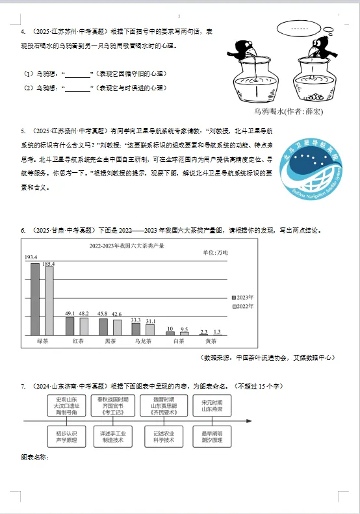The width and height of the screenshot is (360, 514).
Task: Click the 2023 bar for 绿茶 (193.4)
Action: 35,299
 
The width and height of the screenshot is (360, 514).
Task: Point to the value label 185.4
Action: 49,264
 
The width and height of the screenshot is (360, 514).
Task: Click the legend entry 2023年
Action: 242,296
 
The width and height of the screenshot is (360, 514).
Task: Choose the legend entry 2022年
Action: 242,305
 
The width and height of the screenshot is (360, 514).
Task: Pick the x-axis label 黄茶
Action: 211,341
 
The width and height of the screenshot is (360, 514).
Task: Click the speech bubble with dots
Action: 300,29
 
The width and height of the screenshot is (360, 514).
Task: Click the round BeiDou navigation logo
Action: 312,168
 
